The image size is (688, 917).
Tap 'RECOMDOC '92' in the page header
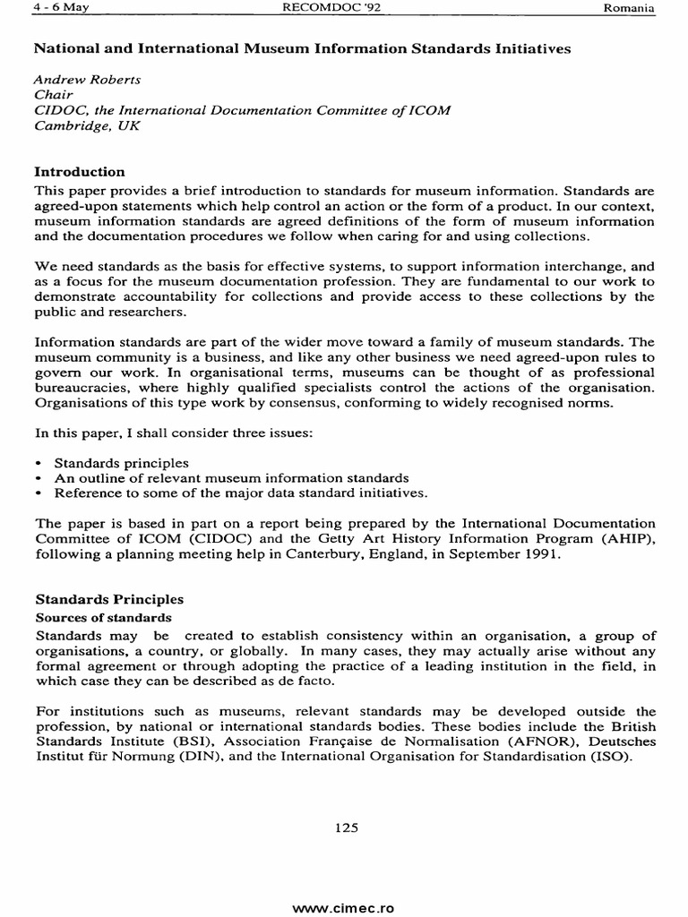tap(332, 9)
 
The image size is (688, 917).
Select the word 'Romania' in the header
tap(631, 9)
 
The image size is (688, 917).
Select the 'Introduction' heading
tap(79, 172)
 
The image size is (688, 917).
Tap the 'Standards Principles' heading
tap(108, 599)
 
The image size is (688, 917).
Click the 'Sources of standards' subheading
tap(102, 618)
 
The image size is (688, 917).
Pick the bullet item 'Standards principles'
tap(121, 463)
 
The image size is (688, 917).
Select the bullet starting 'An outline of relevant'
tap(231, 478)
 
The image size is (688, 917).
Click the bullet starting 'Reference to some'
tap(240, 493)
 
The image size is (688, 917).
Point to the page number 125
tap(346, 828)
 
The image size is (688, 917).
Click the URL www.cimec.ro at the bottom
tap(344, 907)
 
